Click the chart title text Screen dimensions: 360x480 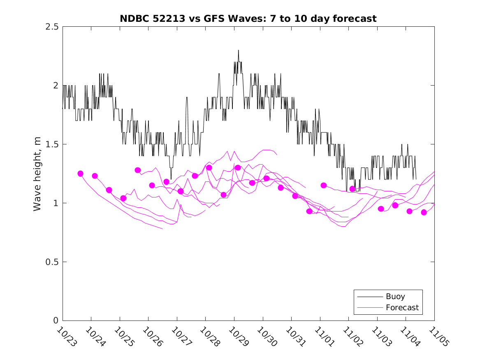[248, 19]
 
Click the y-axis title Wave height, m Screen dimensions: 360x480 [37, 174]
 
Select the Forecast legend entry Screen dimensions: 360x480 [402, 307]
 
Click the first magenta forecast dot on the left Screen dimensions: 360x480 [80, 174]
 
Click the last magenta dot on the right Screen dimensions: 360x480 [424, 212]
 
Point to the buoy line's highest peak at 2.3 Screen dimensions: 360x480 [238, 50]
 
